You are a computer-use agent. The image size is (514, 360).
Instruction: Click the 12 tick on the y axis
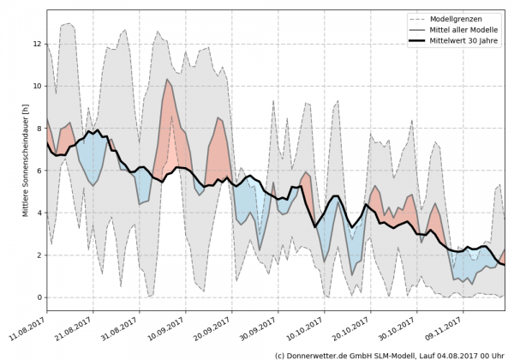coord(36,44)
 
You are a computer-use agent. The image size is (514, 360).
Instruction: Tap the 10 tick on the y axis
coord(36,86)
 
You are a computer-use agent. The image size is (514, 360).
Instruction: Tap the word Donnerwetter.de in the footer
coord(322,354)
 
